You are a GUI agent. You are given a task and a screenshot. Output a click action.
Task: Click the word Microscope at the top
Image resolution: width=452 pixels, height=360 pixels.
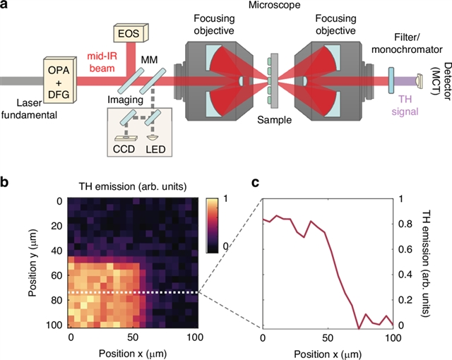pos(271,6)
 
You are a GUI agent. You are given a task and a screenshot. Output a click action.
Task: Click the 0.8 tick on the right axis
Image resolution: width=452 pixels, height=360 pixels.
pos(405,224)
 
